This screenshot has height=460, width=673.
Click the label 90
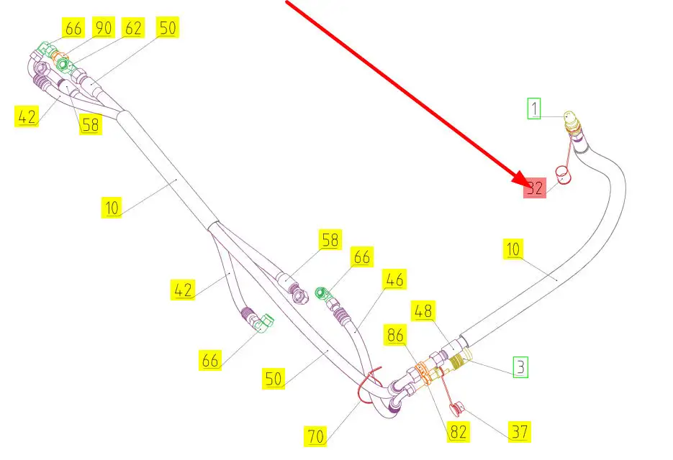tap(104, 28)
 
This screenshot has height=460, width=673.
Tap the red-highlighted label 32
tap(534, 188)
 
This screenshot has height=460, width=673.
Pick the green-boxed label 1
tap(533, 109)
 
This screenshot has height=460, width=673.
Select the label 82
tap(458, 432)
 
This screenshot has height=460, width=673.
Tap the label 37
tap(519, 432)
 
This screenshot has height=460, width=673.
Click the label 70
tap(317, 435)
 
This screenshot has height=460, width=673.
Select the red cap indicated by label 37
tap(455, 410)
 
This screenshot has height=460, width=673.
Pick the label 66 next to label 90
tap(74, 28)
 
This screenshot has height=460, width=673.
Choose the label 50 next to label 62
tap(168, 28)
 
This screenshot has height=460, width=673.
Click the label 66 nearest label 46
tap(361, 257)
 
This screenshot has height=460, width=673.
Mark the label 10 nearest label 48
tap(512, 249)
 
